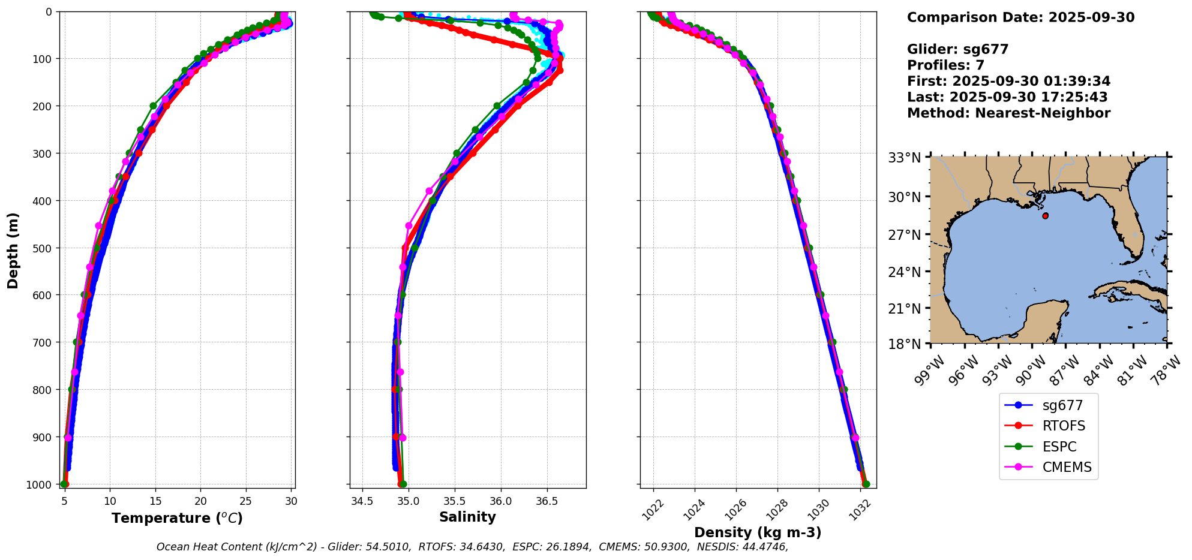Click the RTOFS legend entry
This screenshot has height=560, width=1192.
click(x=1064, y=426)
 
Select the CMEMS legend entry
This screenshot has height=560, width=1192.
click(x=1067, y=468)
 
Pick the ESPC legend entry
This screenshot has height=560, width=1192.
click(x=1059, y=447)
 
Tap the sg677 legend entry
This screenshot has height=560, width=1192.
click(x=1062, y=406)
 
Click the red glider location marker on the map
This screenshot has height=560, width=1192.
click(x=1045, y=216)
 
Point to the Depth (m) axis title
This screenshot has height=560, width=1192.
click(x=13, y=251)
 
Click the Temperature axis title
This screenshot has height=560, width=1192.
click(x=177, y=518)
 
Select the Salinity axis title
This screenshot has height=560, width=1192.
click(x=467, y=517)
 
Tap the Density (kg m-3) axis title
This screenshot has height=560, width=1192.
click(x=758, y=532)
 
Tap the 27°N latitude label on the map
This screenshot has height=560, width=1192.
click(x=905, y=235)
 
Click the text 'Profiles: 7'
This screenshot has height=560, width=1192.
click(x=945, y=65)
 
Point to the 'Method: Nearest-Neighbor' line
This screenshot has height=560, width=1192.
click(x=1008, y=113)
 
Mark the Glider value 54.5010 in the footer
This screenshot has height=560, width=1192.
click(x=388, y=547)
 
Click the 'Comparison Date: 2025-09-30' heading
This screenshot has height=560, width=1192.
click(x=1020, y=17)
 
